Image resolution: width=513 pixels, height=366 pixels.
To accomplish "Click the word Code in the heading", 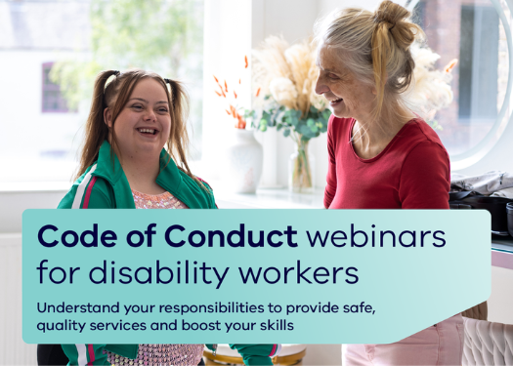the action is (x=77, y=236).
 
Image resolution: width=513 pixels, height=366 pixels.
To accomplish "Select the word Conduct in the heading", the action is (x=232, y=236).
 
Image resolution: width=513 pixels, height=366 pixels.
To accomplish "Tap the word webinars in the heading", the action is (x=376, y=236).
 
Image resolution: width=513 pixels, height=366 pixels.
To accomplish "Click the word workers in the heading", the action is (x=299, y=272).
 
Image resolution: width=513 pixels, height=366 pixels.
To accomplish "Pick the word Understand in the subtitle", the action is (x=78, y=307).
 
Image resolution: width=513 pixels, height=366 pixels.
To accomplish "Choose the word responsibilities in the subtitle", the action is (x=212, y=308).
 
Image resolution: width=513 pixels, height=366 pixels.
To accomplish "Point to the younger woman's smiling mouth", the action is (x=148, y=131).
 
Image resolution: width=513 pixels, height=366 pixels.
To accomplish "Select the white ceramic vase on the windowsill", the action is (x=244, y=160).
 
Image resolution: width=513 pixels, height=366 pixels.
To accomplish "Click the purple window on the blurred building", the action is (x=54, y=87).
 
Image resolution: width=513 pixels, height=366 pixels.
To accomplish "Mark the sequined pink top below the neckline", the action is (x=157, y=200).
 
